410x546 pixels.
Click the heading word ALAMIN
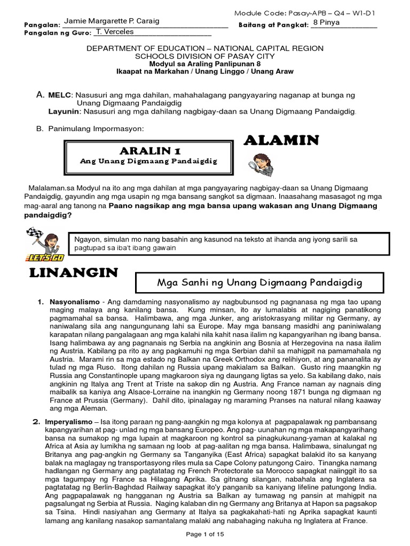tap(281, 140)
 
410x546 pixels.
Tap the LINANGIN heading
tap(73, 273)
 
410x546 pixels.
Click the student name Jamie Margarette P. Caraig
tap(111, 21)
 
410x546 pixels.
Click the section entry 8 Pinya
tap(327, 22)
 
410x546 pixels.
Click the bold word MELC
tap(59, 94)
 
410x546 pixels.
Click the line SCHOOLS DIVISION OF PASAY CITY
tap(205, 55)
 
